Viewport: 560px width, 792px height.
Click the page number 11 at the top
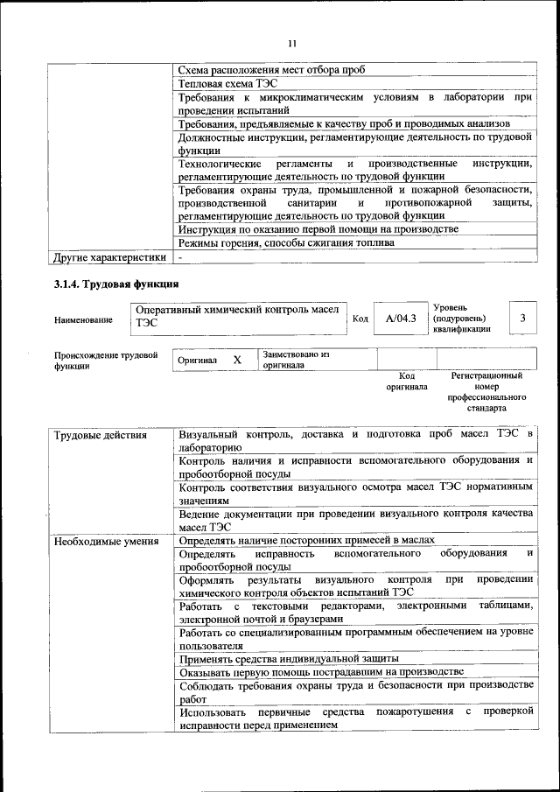click(292, 43)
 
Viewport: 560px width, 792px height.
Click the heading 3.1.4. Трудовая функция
click(116, 284)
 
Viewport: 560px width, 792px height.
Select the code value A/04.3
click(401, 319)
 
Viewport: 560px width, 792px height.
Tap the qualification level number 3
click(522, 319)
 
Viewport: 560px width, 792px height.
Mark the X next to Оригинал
click(236, 360)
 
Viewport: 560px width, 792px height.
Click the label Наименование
click(83, 320)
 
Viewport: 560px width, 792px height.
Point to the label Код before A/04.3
click(360, 319)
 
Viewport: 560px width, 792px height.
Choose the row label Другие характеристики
click(109, 257)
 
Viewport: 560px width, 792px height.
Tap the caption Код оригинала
click(407, 381)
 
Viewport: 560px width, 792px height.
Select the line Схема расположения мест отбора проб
click(271, 70)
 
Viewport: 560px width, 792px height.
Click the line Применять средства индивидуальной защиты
click(289, 658)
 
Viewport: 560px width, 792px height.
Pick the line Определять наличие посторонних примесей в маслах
click(306, 541)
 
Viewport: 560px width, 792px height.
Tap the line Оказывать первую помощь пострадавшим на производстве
click(320, 672)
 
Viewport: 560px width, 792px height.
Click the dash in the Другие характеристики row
click(179, 257)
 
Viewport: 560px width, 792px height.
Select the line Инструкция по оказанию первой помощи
click(318, 229)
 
